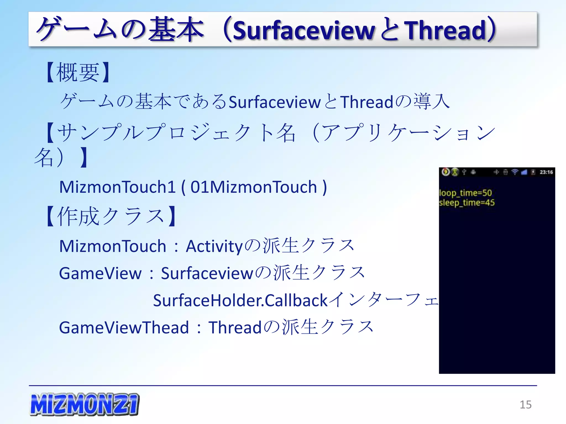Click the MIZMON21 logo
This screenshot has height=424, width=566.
click(x=84, y=404)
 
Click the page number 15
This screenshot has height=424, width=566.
click(x=525, y=405)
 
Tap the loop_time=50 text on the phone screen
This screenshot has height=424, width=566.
click(x=465, y=193)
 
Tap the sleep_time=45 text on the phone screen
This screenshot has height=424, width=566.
click(x=467, y=203)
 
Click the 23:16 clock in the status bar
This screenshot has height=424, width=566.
click(x=546, y=172)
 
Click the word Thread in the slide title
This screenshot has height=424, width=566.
click(x=445, y=30)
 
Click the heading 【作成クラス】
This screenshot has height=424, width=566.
click(x=111, y=216)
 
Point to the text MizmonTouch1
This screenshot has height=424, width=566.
click(x=117, y=187)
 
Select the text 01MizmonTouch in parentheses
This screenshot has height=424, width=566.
click(x=253, y=187)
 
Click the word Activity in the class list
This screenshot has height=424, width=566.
click(x=214, y=246)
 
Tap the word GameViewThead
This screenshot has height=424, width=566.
click(x=124, y=327)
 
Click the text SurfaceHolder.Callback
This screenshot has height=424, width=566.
click(x=240, y=300)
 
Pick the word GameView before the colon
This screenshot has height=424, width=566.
click(x=100, y=273)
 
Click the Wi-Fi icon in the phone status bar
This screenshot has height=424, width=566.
click(x=515, y=172)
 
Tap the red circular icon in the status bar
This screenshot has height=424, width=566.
click(x=445, y=172)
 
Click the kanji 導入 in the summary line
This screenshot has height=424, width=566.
click(x=431, y=101)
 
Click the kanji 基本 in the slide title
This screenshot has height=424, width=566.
click(x=176, y=29)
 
